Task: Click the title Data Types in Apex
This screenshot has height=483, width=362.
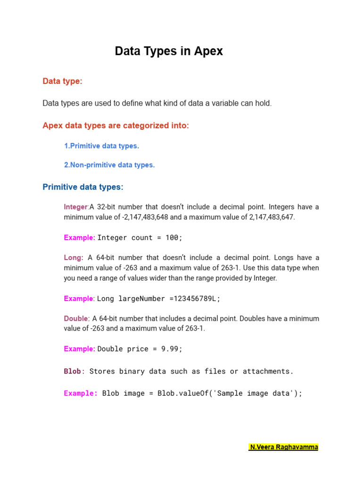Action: (169, 51)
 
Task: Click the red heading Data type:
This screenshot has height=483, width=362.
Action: (62, 82)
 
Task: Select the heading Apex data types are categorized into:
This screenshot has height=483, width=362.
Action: (115, 126)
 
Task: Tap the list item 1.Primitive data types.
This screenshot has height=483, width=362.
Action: (101, 146)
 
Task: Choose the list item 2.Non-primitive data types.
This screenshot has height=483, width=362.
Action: (109, 165)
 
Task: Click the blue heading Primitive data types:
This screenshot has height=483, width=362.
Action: (83, 187)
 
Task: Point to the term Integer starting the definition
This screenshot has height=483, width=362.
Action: (76, 207)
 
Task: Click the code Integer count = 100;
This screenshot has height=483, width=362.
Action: (140, 238)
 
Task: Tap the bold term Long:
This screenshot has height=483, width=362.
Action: (74, 258)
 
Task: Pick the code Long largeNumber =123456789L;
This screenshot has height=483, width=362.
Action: (159, 299)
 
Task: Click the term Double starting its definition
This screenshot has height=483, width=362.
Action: (76, 319)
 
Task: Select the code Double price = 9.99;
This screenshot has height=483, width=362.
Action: (140, 349)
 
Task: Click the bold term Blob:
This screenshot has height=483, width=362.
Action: (74, 371)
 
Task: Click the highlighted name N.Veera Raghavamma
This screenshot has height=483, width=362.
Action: (283, 447)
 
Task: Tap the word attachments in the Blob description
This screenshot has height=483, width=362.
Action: (268, 371)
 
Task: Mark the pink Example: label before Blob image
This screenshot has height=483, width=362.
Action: (81, 393)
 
